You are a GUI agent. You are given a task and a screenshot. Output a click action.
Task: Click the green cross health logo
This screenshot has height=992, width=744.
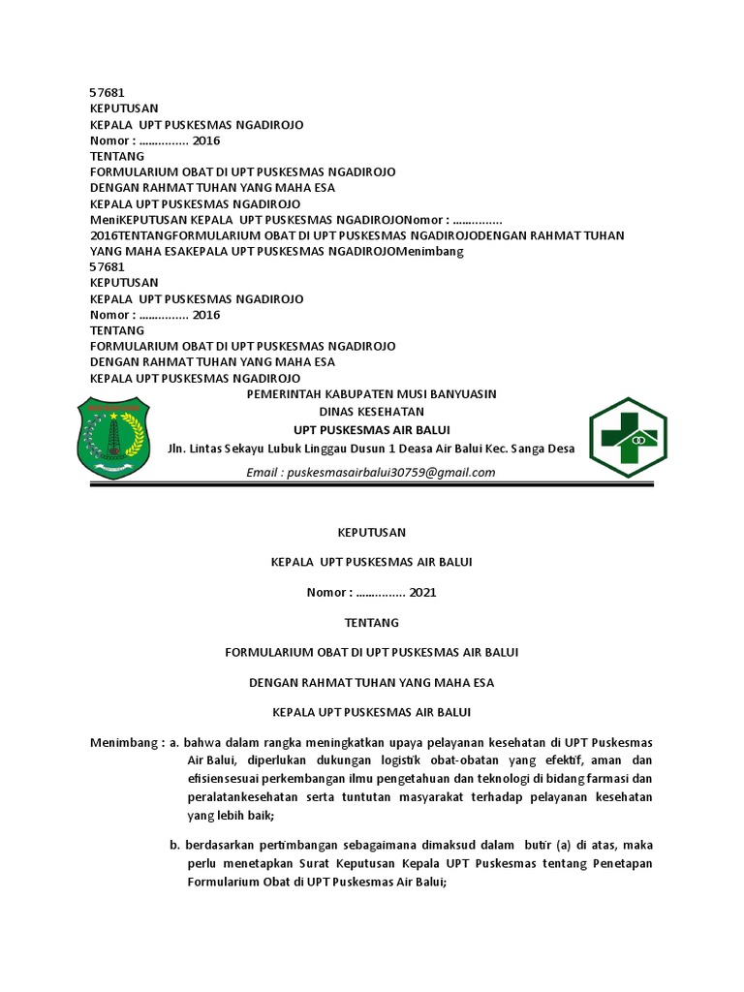click(x=628, y=437)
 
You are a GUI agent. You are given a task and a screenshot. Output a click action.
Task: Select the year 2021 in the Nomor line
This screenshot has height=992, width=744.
click(x=423, y=592)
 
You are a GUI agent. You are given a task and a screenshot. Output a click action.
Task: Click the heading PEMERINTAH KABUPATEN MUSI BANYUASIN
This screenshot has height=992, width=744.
click(x=372, y=394)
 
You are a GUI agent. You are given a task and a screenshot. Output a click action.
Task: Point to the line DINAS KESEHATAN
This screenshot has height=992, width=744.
click(x=372, y=412)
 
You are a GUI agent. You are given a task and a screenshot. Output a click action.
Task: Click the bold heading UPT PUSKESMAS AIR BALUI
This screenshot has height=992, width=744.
click(x=372, y=430)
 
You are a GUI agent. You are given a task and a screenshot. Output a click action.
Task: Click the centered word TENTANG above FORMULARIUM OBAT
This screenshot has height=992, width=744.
click(x=372, y=623)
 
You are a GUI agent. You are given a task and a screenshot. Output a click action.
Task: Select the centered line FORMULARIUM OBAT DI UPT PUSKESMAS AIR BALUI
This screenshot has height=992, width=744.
click(x=372, y=653)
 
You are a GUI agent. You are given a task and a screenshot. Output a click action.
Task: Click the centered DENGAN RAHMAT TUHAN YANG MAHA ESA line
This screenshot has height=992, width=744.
click(x=372, y=683)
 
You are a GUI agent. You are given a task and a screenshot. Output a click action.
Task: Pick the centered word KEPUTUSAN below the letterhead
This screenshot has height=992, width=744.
click(x=372, y=532)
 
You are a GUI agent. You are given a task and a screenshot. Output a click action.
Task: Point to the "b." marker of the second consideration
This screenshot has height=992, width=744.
click(x=174, y=846)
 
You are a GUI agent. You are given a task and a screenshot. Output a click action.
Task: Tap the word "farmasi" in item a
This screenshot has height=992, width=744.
click(x=608, y=779)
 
